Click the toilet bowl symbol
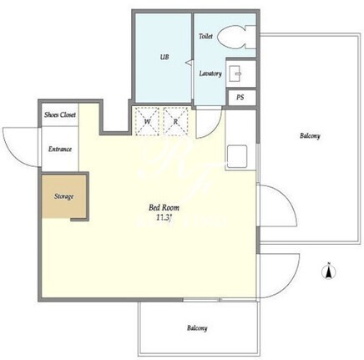click(x=236, y=38)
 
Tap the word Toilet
click(x=205, y=36)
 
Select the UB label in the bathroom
click(x=164, y=57)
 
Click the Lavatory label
click(x=210, y=74)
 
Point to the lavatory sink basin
click(x=235, y=74)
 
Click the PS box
click(x=240, y=98)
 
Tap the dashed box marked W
click(x=147, y=121)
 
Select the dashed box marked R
click(x=175, y=121)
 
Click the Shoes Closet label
click(x=60, y=114)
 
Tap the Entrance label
click(x=60, y=149)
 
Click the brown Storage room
click(x=63, y=196)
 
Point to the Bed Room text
click(x=164, y=208)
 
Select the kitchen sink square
click(x=237, y=156)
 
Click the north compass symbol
click(x=329, y=271)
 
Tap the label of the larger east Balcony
click(x=310, y=136)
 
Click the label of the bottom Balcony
click(x=197, y=328)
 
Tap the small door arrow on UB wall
click(x=189, y=63)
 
